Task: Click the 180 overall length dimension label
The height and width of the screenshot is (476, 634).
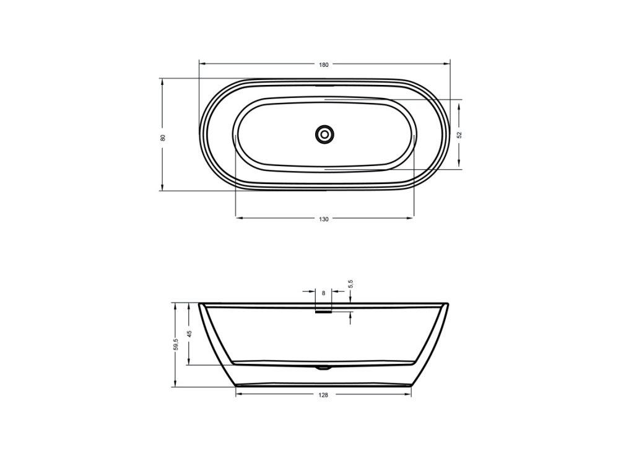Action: point(324,64)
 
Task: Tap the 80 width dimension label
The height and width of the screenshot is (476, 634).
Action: point(163,138)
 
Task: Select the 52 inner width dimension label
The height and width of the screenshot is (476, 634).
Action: point(459,134)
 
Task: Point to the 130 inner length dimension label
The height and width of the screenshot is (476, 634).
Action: point(324,219)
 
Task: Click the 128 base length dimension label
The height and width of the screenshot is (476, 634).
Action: point(323,395)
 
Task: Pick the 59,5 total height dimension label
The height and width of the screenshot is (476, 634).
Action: point(175,345)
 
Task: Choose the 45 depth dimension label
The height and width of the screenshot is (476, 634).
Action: point(189,333)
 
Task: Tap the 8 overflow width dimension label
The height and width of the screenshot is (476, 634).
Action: point(323,293)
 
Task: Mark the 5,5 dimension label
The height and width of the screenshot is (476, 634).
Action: point(350,284)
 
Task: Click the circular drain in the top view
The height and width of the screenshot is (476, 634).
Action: point(324,134)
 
